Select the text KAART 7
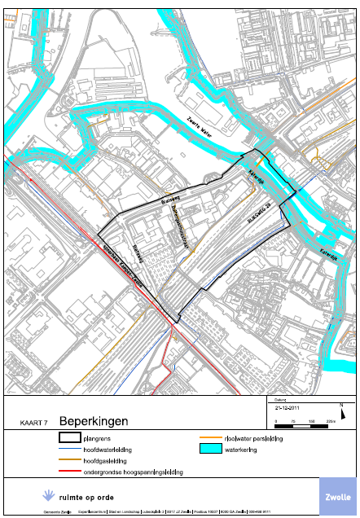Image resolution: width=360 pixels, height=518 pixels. pos(35,424)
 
